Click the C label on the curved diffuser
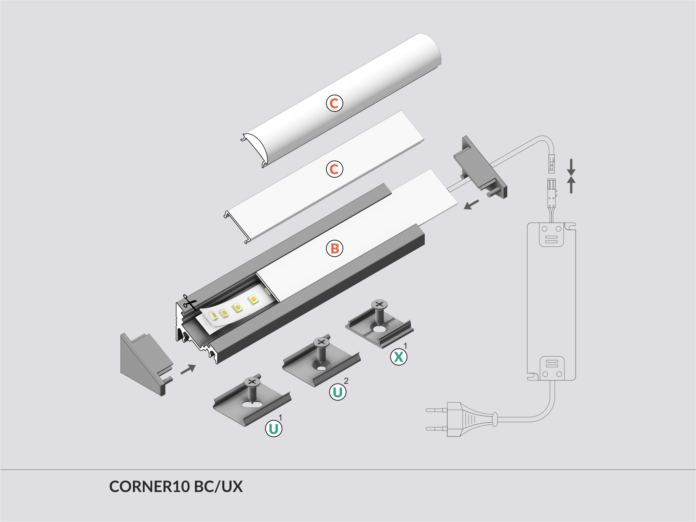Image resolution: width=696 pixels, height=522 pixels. coord(334,103)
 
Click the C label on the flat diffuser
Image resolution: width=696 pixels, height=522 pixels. coord(334,169)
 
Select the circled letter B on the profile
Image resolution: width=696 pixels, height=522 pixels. coord(335,249)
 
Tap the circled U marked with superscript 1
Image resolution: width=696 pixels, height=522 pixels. coord(273,429)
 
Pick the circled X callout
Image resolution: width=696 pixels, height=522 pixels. coord(398,357)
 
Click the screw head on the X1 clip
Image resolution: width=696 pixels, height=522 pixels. coord(379,304)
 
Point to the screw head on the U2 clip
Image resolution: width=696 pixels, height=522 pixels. coord(321,342)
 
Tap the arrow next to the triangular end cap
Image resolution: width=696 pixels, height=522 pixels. coord(188,369)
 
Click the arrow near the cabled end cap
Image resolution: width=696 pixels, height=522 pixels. coord(471,205)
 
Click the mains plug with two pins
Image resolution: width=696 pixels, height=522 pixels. coord(462,419)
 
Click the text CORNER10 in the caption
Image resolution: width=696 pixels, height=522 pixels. coord(149,487)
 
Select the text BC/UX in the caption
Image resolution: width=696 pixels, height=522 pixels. coord(218,487)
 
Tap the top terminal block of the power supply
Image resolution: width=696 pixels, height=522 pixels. coord(551,234)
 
